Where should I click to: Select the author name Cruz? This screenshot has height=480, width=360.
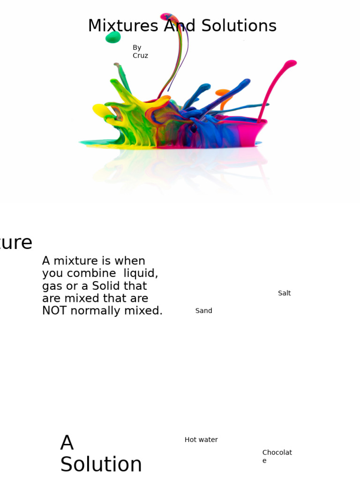140,56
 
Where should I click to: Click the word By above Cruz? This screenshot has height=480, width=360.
137,48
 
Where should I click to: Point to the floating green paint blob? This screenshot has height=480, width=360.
113,37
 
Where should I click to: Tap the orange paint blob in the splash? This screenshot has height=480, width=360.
223,93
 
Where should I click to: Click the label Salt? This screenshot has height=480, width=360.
284,293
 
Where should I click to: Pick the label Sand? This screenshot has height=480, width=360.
203,311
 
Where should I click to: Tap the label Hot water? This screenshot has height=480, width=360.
201,440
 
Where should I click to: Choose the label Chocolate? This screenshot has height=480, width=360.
277,456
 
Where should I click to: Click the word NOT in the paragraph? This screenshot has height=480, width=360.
55,311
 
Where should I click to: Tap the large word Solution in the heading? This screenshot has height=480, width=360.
101,465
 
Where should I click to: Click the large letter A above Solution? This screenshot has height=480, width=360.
67,443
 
